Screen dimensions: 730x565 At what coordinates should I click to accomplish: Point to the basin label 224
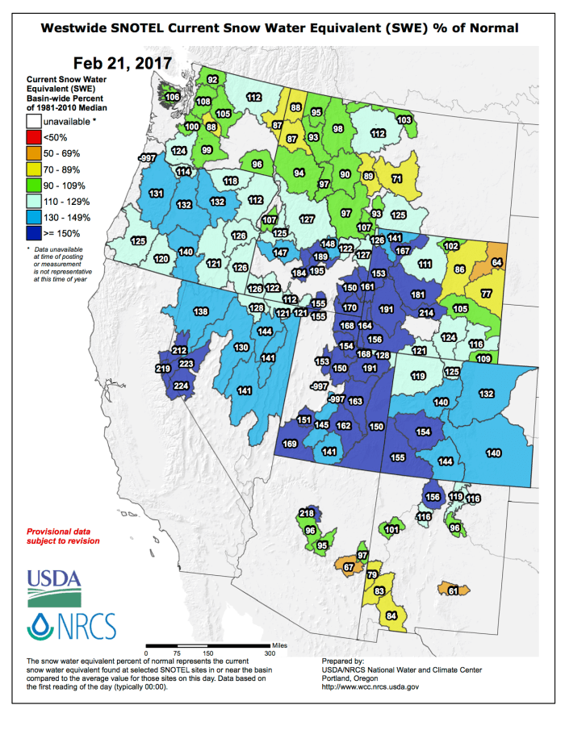181,386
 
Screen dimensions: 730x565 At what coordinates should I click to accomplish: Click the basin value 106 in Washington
172,97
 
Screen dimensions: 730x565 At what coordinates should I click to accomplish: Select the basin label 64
496,262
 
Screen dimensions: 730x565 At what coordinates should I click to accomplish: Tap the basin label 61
453,591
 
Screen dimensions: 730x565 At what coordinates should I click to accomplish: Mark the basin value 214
426,313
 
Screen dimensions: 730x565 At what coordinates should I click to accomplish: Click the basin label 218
307,513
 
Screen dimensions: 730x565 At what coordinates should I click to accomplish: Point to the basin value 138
200,311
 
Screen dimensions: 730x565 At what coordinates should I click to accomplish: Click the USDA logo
54,586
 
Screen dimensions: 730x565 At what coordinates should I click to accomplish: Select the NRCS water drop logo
40,627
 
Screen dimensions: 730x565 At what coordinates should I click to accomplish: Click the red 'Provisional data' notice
64,536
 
